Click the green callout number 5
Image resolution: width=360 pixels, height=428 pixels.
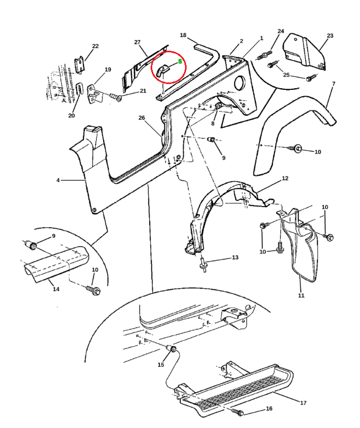click(180, 61)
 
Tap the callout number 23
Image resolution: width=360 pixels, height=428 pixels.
click(330, 36)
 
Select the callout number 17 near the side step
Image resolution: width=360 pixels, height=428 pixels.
click(303, 403)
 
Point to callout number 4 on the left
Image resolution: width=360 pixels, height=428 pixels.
click(58, 181)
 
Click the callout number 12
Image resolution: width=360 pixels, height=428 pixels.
click(285, 179)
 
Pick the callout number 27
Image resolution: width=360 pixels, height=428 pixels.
click(137, 42)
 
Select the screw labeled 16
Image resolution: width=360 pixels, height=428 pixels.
click(238, 412)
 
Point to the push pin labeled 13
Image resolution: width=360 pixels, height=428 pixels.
click(204, 264)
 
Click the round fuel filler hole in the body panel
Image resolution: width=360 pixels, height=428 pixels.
click(238, 83)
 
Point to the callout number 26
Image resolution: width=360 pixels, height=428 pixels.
click(141, 117)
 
